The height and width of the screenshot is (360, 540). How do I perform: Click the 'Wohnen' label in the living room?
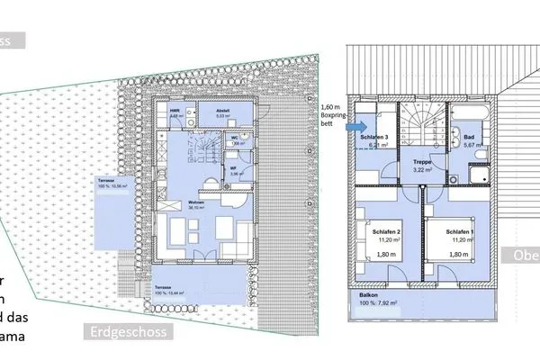click(x=193, y=203)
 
